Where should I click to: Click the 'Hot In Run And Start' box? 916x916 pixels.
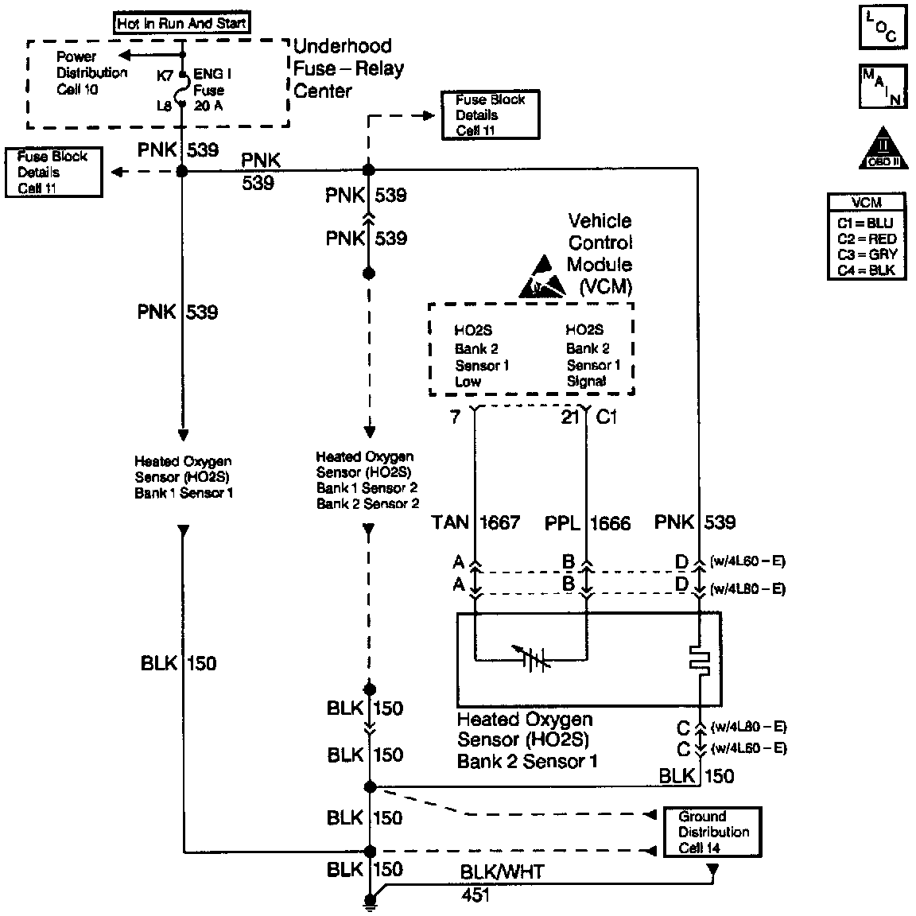pos(181,23)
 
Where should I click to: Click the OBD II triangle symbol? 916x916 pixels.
pos(882,148)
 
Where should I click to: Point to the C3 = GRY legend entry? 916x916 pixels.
pos(867,254)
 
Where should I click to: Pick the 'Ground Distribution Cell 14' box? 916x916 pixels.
pos(713,832)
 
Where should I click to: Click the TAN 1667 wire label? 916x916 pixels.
pos(475,522)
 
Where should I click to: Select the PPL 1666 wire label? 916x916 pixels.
pos(588,522)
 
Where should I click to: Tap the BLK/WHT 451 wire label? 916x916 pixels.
pos(503,883)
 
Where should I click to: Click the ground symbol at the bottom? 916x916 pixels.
pos(369,902)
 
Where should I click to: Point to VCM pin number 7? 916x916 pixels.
pos(455,416)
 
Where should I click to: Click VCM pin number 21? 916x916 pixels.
pos(570,416)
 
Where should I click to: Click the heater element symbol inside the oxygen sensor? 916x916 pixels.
pos(698,659)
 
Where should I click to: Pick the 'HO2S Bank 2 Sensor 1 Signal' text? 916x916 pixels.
pos(592,355)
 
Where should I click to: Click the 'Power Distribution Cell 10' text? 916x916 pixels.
pos(91,73)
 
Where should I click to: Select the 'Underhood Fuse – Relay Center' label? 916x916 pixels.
pos(348,68)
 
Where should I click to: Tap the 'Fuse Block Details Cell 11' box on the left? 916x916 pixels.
pos(53,172)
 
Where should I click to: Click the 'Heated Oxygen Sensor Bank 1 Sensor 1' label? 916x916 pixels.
pos(184,477)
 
